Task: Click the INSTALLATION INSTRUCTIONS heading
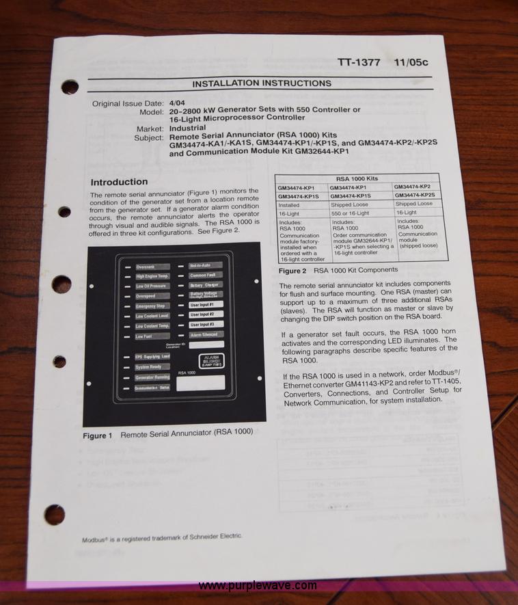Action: pyautogui.click(x=261, y=83)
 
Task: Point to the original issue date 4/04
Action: pyautogui.click(x=178, y=103)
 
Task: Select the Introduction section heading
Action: pyautogui.click(x=119, y=182)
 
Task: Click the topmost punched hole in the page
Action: pyautogui.click(x=70, y=88)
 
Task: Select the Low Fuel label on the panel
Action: pyautogui.click(x=144, y=336)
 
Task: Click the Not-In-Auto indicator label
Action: pyautogui.click(x=203, y=265)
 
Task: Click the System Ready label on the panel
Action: pyautogui.click(x=149, y=367)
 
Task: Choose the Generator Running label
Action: pyautogui.click(x=152, y=377)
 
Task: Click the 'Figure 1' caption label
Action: pyautogui.click(x=98, y=435)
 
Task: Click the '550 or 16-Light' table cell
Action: pyautogui.click(x=349, y=213)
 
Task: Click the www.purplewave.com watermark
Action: pyautogui.click(x=258, y=586)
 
